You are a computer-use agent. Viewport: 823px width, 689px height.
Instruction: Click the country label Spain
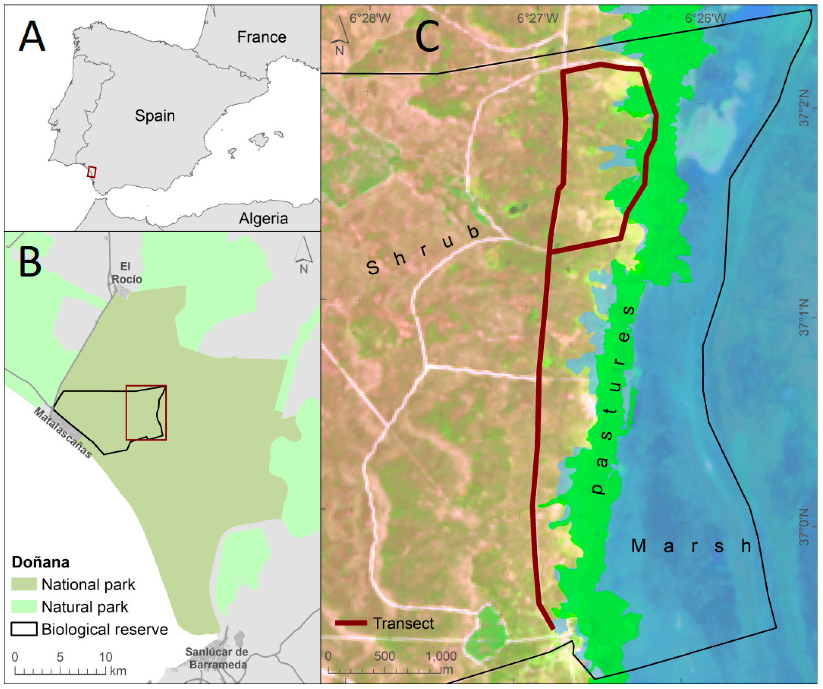pyautogui.click(x=155, y=116)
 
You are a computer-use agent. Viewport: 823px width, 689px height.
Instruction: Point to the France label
pyautogui.click(x=262, y=37)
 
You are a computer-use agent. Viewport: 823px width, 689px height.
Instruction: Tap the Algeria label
pyautogui.click(x=263, y=218)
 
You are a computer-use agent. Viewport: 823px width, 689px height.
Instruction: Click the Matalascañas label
pyautogui.click(x=63, y=432)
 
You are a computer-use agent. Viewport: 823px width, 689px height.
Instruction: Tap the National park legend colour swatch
pyautogui.click(x=24, y=584)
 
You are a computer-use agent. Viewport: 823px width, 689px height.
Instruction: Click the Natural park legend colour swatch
pyautogui.click(x=24, y=606)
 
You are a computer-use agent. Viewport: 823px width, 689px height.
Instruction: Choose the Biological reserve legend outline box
pyautogui.click(x=24, y=629)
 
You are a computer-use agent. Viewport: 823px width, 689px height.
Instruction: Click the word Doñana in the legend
pyautogui.click(x=40, y=562)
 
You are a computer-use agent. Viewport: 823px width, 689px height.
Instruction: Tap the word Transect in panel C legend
pyautogui.click(x=403, y=623)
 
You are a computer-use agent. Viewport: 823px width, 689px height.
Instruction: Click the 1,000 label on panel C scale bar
pyautogui.click(x=441, y=656)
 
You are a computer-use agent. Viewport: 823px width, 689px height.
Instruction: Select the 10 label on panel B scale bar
pyautogui.click(x=105, y=656)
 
